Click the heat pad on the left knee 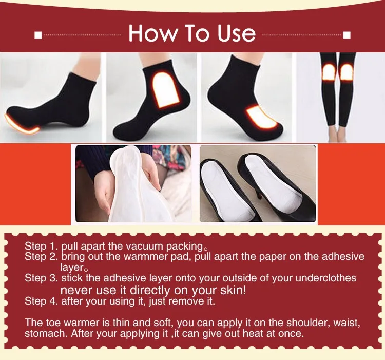tap(329, 72)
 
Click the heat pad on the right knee tap(347, 72)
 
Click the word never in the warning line tap(75, 290)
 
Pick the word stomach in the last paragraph tap(44, 333)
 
